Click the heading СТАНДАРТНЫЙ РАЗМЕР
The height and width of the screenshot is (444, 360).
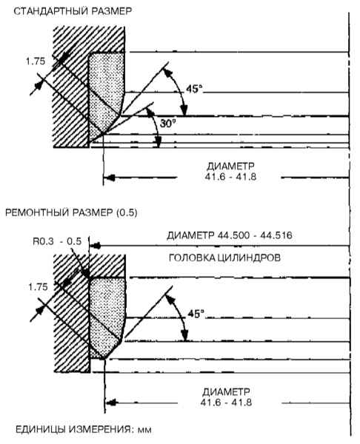pos(73,11)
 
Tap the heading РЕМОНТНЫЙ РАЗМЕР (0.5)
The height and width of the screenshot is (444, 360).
pos(71,212)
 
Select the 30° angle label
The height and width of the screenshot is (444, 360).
pos(168,124)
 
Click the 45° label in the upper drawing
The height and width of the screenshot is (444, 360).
pos(195,89)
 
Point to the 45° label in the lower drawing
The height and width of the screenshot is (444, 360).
pos(196,314)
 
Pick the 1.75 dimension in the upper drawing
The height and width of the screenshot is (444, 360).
pos(36,61)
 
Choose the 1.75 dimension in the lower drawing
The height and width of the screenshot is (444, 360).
pos(38,287)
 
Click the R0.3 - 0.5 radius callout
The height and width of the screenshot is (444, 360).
pos(57,241)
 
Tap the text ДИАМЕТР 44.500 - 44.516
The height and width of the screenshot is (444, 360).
pos(230,235)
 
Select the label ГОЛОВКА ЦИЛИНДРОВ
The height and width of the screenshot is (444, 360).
pos(224,258)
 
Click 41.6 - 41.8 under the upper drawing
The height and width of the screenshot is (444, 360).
pos(230,177)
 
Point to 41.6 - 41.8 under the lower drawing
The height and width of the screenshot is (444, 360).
pos(226,403)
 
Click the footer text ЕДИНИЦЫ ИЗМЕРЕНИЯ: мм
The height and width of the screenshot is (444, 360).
pos(84,429)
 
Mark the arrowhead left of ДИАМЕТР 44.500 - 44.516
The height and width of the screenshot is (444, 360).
pos(96,246)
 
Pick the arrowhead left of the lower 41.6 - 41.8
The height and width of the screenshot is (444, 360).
pos(111,402)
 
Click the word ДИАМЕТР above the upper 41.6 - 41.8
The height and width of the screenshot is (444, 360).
pos(230,166)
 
